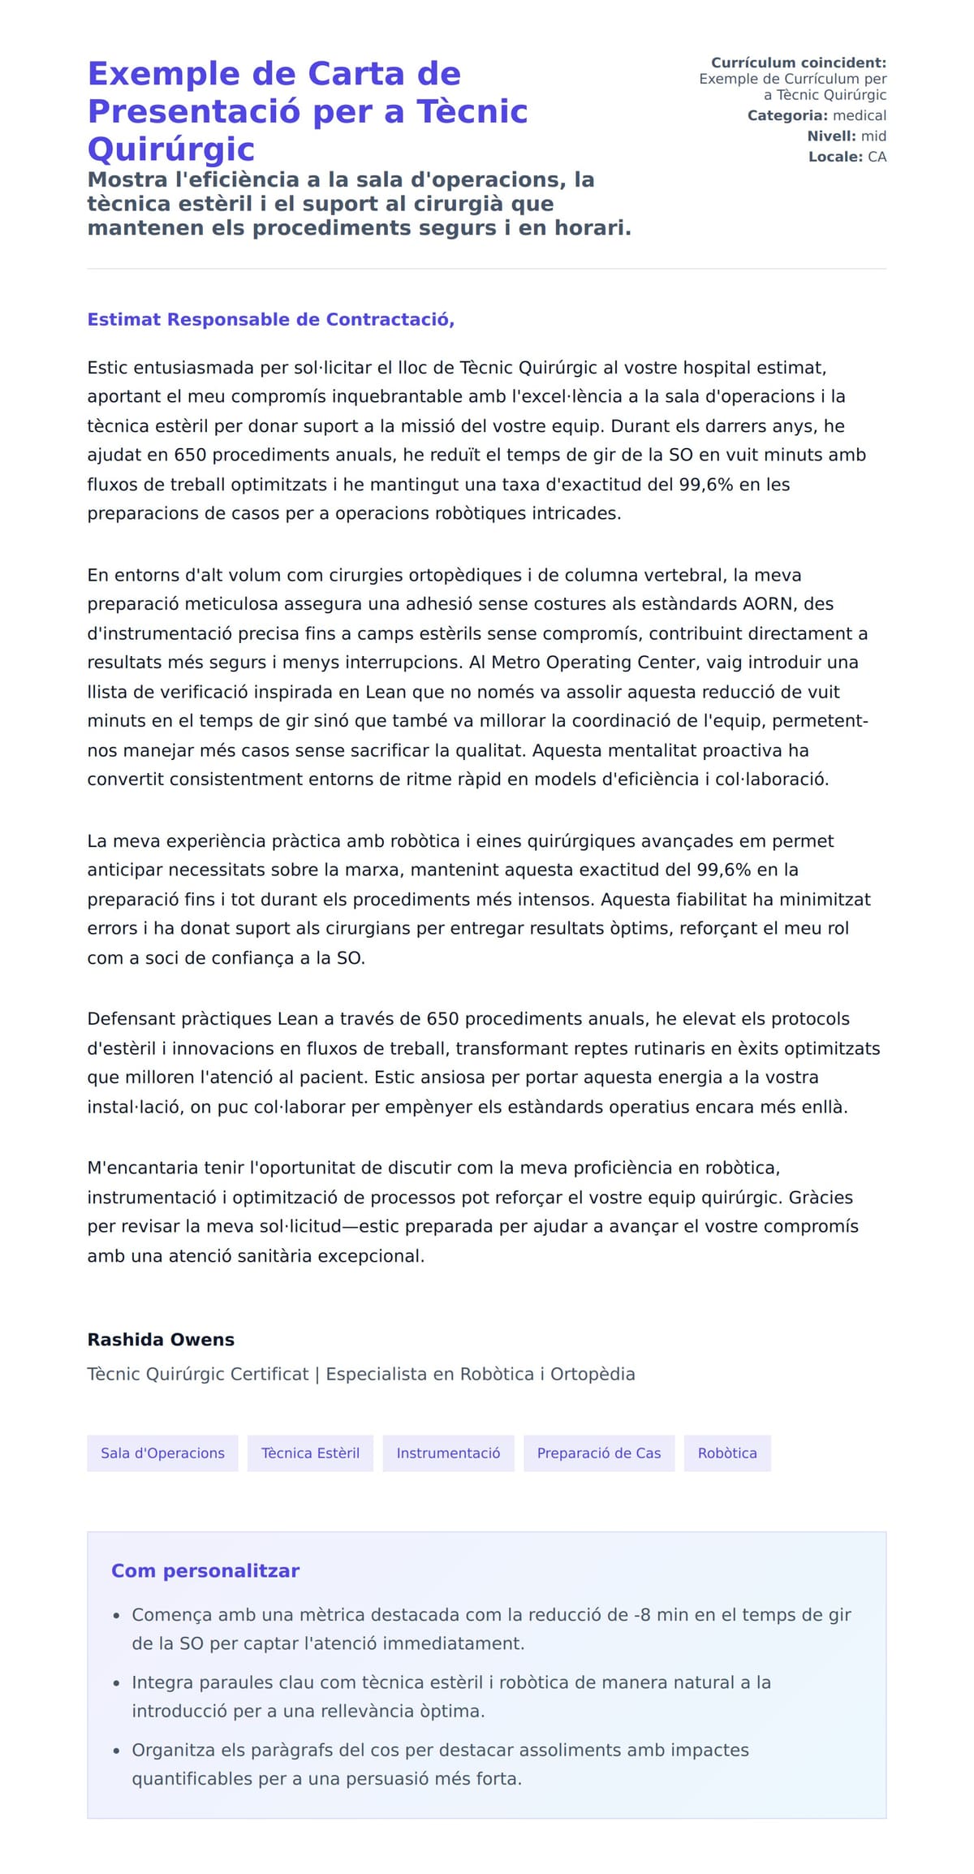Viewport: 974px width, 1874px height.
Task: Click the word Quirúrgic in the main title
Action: (x=171, y=149)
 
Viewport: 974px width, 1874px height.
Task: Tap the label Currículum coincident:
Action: (x=798, y=63)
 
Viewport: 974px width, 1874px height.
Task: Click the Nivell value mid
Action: (x=873, y=136)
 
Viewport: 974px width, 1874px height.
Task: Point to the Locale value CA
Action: (x=877, y=157)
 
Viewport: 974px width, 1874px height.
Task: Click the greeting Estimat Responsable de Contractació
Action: (x=270, y=320)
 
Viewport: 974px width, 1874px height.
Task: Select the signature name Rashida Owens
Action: (x=161, y=1340)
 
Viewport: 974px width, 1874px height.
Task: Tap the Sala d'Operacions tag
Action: (x=162, y=1453)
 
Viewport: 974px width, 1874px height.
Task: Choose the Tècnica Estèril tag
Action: (x=310, y=1453)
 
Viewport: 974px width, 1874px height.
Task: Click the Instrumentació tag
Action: (x=448, y=1453)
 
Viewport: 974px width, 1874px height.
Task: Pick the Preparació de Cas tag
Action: (x=598, y=1453)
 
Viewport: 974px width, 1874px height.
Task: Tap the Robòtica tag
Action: (x=727, y=1453)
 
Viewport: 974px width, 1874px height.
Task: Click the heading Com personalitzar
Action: (x=205, y=1571)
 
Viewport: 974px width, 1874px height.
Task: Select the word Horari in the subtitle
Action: (x=592, y=228)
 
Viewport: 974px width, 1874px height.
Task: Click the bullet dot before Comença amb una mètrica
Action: (x=117, y=1616)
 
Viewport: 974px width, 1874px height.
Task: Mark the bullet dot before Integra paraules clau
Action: (x=117, y=1683)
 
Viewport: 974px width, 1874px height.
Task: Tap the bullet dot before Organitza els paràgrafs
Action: (x=117, y=1751)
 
